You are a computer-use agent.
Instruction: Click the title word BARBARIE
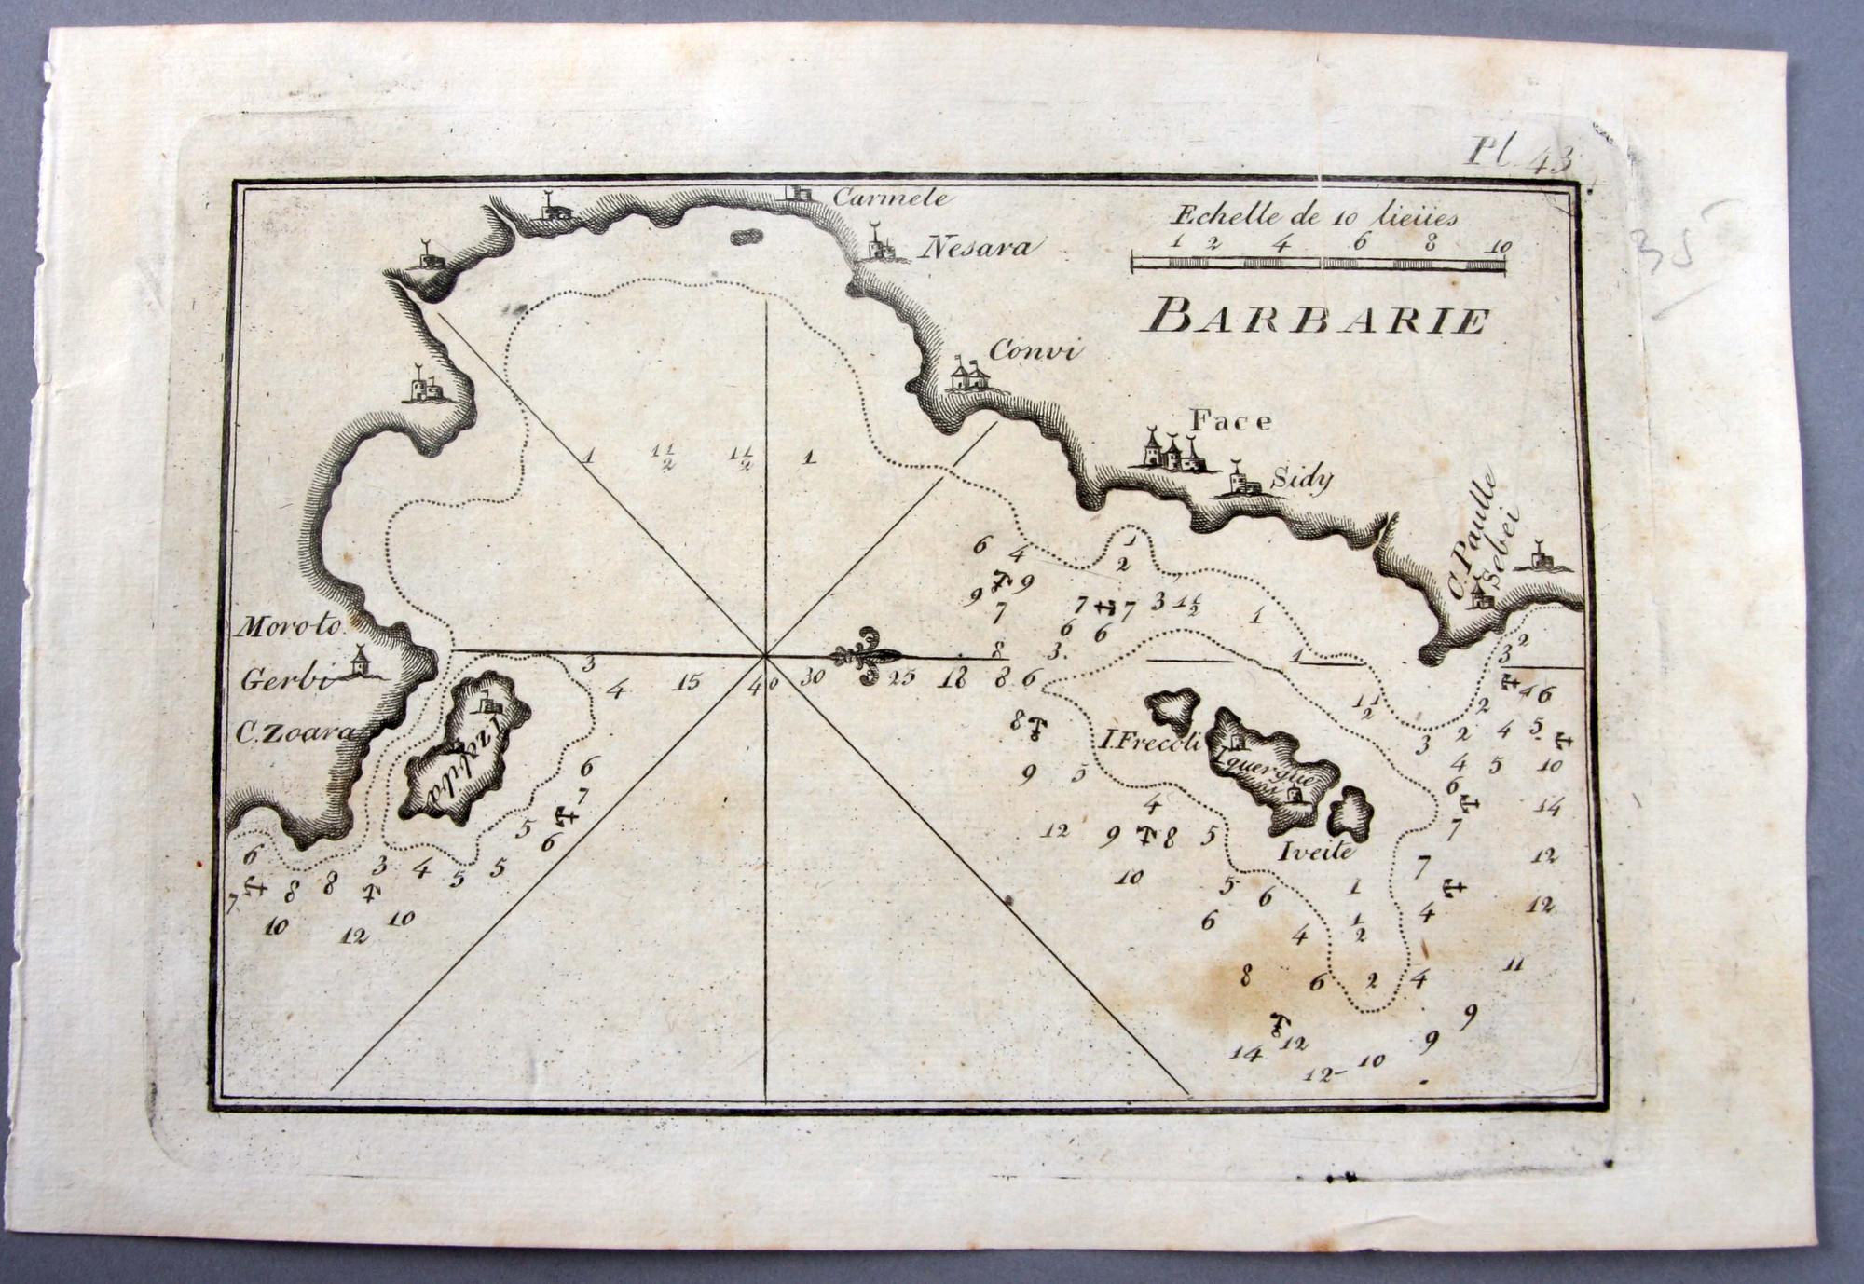click(x=1320, y=320)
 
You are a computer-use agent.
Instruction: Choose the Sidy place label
click(x=1303, y=479)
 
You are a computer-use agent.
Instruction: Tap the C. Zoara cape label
click(x=295, y=733)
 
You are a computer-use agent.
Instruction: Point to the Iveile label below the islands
click(x=1315, y=850)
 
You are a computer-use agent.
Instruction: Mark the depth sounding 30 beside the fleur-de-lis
click(x=812, y=677)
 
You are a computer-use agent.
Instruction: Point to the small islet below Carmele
click(x=745, y=238)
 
